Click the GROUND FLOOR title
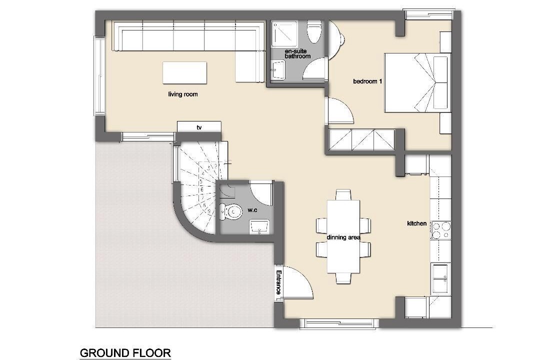tap(125, 353)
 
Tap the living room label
tap(183, 94)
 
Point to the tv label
tap(199, 127)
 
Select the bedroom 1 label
tap(367, 81)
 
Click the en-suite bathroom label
tap(297, 53)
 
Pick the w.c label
tap(252, 210)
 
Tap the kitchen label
tap(416, 223)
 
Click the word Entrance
tap(279, 282)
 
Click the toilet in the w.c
tap(230, 211)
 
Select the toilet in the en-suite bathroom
tap(314, 31)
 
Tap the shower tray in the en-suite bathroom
tap(284, 33)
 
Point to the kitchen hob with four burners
tap(441, 230)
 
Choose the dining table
tap(343, 236)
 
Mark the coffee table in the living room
tap(184, 72)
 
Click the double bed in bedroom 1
tap(417, 82)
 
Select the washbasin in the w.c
tap(259, 226)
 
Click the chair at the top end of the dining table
tap(343, 194)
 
